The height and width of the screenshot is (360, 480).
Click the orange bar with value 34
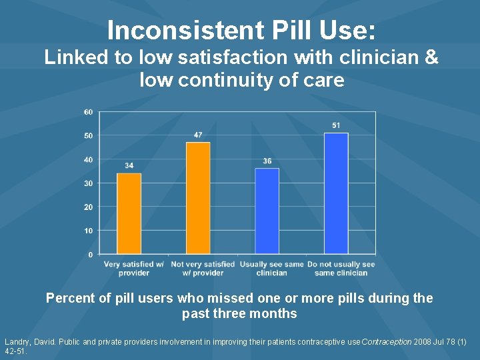(x=129, y=213)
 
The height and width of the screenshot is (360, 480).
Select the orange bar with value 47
(x=198, y=198)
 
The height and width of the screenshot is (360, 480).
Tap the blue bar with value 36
(x=267, y=211)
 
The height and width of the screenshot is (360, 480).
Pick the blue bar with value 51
(x=336, y=193)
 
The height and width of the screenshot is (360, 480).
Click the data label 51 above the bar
(x=336, y=125)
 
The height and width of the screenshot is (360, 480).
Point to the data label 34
(x=129, y=166)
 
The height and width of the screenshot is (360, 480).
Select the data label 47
(x=198, y=135)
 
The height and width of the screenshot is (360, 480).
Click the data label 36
(x=267, y=161)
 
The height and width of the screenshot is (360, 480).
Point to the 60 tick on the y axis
(x=89, y=112)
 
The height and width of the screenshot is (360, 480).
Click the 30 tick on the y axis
(x=89, y=183)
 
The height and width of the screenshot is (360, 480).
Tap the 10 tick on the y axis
(x=89, y=231)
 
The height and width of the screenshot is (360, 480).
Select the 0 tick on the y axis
(x=91, y=255)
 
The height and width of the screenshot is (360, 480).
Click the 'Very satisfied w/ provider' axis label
(x=134, y=268)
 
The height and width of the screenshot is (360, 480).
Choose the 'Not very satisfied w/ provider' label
(x=203, y=268)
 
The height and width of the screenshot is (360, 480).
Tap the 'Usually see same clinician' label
(x=271, y=268)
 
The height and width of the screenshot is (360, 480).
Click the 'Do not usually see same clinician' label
(x=341, y=268)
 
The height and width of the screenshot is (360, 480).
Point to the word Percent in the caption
(x=70, y=298)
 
